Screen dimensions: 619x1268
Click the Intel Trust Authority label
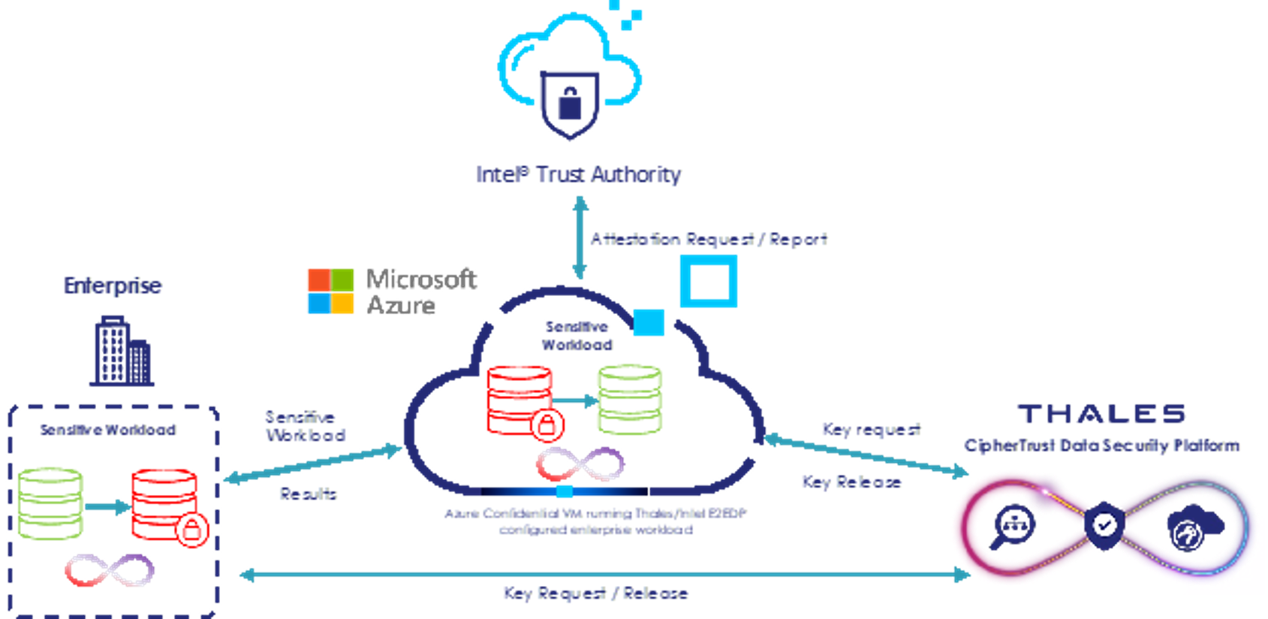[578, 174]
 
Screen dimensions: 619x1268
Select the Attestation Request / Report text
[709, 239]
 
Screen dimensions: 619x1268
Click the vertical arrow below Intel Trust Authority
[579, 237]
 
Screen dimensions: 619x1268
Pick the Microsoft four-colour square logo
[330, 291]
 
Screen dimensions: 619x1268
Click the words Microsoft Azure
[420, 291]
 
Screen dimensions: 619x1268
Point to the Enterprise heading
[113, 285]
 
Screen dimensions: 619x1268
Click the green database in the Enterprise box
[50, 503]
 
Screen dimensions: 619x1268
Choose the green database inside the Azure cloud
[630, 399]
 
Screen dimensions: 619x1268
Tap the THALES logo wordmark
[1101, 413]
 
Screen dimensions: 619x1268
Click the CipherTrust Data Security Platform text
[1101, 445]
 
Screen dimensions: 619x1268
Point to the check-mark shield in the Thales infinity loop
[1104, 524]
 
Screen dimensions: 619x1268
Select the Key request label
[871, 429]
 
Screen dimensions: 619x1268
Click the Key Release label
[851, 482]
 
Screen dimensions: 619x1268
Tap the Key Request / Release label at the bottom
[595, 593]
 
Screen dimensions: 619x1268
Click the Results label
[308, 494]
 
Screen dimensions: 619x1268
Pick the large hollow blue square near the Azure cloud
[709, 281]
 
